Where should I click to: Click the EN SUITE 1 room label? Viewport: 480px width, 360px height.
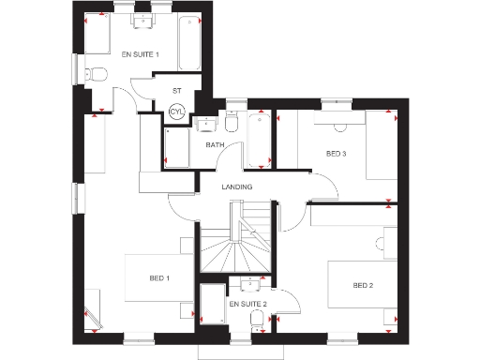[141, 55]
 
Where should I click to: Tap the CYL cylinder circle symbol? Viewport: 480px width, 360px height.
[175, 112]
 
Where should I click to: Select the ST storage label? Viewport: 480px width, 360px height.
[175, 91]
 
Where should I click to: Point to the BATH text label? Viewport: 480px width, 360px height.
[216, 145]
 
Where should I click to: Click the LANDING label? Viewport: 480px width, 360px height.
[236, 187]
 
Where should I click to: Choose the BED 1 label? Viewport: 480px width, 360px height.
[159, 277]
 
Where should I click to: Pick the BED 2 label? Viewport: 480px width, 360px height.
[364, 285]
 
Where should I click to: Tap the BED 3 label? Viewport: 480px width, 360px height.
[336, 154]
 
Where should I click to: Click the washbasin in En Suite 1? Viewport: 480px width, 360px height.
[143, 25]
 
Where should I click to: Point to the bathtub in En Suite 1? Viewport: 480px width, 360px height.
[188, 44]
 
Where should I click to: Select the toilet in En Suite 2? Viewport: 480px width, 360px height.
[257, 321]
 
